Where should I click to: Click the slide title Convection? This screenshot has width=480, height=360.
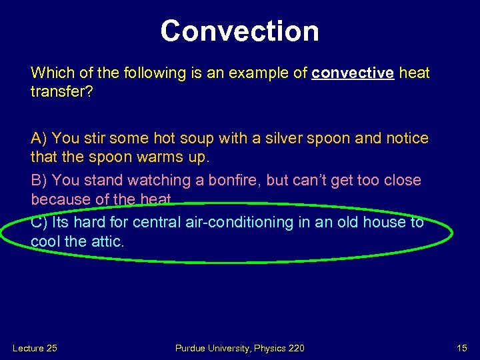pos(239,31)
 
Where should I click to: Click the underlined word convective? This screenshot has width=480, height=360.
pos(353,73)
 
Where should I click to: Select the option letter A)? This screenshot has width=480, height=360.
pos(39,138)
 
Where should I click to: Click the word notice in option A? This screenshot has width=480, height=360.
pos(405,138)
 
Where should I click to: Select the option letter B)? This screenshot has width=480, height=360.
pos(39,180)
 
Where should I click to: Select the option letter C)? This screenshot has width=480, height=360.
pos(39,222)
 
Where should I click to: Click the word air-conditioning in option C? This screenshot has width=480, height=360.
pos(235,222)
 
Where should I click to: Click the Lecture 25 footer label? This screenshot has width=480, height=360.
pos(35,348)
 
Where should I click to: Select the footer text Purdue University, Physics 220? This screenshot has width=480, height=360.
pos(239,348)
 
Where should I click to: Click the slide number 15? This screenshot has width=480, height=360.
pos(462,348)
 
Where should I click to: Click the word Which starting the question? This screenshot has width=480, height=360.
pos(51,73)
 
